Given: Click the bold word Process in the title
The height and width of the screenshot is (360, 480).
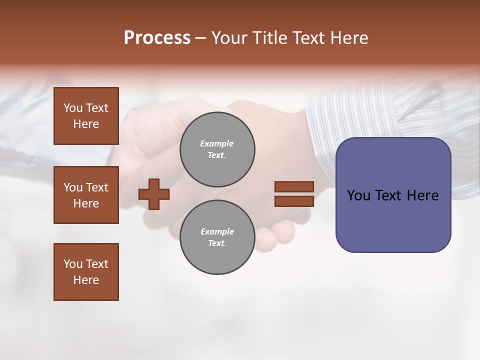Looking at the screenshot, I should pos(157,38).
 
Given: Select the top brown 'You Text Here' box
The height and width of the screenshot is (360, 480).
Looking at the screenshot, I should pos(86,116).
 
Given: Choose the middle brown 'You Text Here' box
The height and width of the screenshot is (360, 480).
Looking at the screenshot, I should pos(86,195).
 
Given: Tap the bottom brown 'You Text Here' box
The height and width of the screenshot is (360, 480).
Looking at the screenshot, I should pos(86,271).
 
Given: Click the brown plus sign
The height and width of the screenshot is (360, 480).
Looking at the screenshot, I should pos(154,194).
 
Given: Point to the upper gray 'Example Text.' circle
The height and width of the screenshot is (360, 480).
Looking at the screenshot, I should pos(217,149).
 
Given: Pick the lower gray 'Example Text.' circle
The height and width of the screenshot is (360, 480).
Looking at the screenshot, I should pos(217,237).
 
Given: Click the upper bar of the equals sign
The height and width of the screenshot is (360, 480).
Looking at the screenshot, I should pos(294,187).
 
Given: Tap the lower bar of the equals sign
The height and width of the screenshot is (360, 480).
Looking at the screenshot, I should pos(294,201).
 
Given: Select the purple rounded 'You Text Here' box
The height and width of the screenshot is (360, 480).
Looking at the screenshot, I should pos(393,194).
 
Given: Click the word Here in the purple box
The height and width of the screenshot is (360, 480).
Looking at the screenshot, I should pos(423,195).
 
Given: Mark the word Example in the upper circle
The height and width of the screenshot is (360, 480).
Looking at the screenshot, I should pos(217,143).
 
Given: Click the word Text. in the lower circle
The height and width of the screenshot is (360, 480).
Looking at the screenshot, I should pos(217,243).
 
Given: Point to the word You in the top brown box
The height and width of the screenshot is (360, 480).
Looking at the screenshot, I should pos(72,108).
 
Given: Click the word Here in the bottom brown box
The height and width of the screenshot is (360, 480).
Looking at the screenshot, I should pos(86,280).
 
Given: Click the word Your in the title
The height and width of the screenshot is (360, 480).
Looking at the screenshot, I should pos(229,38).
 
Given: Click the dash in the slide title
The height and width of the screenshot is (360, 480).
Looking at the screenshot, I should pos(201,38).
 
